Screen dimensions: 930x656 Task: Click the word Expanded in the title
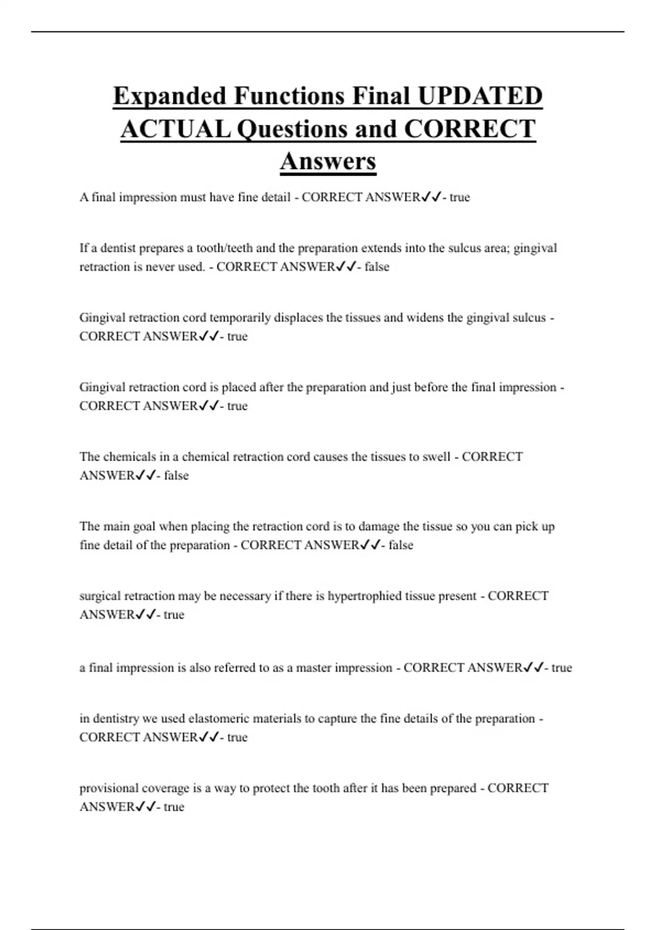[169, 96]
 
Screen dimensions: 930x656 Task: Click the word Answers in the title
[328, 161]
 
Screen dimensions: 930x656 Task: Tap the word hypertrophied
[365, 596]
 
